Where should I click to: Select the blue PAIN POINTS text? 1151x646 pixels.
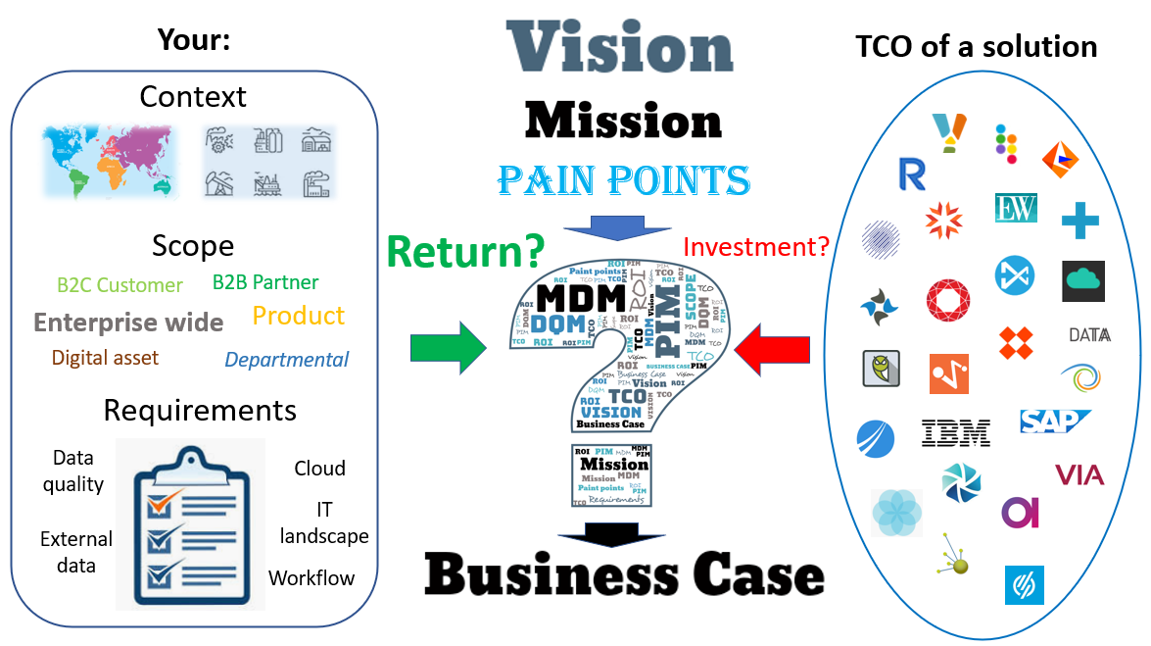click(x=623, y=180)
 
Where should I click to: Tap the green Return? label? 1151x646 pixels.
click(x=464, y=250)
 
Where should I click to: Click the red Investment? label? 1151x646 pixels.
click(x=756, y=246)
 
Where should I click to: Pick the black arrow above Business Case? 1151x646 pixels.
click(x=602, y=532)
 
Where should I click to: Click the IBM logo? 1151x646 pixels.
click(x=955, y=432)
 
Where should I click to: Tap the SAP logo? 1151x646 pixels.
click(x=1053, y=422)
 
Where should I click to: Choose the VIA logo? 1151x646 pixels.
click(x=1079, y=475)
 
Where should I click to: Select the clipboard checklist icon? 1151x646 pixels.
click(x=190, y=524)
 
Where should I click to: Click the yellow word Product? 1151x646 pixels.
click(x=298, y=316)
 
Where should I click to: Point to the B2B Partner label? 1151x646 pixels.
click(x=265, y=282)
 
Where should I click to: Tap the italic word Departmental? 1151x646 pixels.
click(x=286, y=360)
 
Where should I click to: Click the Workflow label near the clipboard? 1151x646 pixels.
click(x=312, y=577)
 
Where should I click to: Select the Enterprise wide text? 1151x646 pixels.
click(x=128, y=323)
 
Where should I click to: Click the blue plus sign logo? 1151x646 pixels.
click(x=1079, y=221)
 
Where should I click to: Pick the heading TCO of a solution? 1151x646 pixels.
click(x=976, y=46)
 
